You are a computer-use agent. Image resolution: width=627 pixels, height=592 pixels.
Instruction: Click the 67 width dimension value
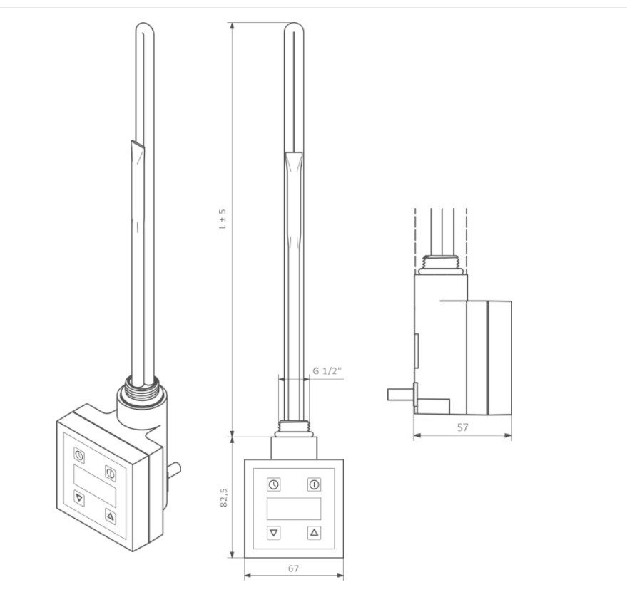pos(293,568)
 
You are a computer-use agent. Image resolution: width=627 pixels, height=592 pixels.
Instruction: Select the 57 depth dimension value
pos(462,427)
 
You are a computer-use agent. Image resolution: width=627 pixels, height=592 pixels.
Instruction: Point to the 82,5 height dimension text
pos(224,497)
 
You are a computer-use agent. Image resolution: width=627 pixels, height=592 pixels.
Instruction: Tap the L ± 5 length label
pos(223,219)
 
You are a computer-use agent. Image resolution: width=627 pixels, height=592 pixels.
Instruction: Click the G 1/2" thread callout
pos(327,371)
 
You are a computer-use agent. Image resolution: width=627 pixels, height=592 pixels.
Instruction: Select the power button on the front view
pos(315,484)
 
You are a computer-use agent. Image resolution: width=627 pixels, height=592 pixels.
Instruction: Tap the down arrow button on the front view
pos(273,532)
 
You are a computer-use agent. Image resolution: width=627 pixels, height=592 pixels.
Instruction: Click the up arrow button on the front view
pos(315,532)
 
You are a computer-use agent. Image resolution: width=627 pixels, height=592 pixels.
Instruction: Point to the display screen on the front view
pos(294,509)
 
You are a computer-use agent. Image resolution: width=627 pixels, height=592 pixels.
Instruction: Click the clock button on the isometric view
pos(79,455)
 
